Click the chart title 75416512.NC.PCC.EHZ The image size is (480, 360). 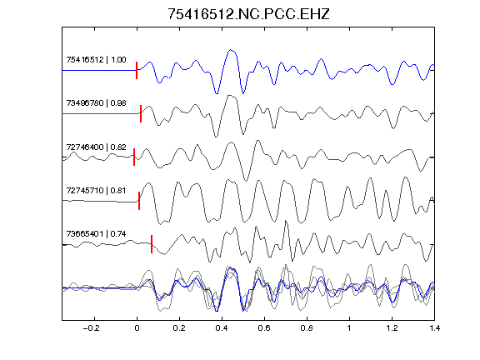[248, 14]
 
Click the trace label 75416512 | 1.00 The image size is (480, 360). [96, 60]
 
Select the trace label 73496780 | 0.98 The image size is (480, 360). [96, 103]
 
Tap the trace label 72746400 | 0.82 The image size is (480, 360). [96, 147]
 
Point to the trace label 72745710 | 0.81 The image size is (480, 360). [96, 191]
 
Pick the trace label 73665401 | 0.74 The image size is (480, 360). [96, 234]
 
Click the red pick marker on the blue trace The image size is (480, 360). [137, 70]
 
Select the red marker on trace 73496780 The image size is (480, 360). [141, 114]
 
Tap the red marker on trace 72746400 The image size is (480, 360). [134, 157]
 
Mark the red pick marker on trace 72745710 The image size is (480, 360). [139, 201]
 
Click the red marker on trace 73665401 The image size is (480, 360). [152, 244]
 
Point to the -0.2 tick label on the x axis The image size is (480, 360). [92, 328]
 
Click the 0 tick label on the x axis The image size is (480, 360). [137, 328]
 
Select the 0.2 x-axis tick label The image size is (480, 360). [179, 328]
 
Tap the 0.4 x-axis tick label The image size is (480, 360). [222, 328]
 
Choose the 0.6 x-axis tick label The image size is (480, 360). [264, 328]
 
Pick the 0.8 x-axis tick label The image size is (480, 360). [307, 328]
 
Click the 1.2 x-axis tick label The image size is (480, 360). [392, 328]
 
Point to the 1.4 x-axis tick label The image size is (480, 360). [434, 328]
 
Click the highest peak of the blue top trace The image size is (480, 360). [231, 50]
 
